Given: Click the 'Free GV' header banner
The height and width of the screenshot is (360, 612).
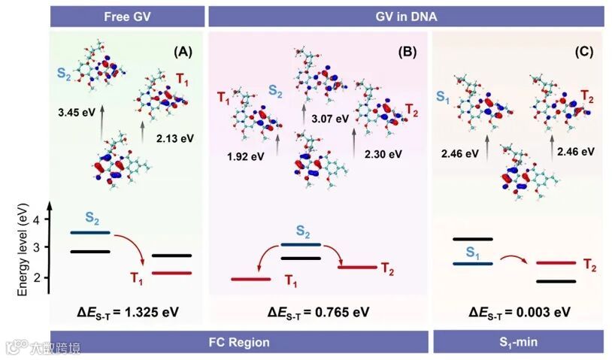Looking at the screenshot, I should pos(128,16).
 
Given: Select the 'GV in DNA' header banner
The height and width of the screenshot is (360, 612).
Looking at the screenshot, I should pos(406,16).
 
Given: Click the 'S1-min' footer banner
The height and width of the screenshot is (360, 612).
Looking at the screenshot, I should pos(519,342).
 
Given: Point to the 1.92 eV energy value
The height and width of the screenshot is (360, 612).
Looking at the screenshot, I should pos(244,156).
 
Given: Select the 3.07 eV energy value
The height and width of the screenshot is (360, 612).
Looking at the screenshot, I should pos(330,119).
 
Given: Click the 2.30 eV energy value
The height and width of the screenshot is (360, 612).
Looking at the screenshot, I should pos(383,154).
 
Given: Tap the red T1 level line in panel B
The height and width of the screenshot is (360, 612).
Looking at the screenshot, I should pos(250,280).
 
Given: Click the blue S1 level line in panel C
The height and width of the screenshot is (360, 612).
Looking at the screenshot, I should pos(472,263).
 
